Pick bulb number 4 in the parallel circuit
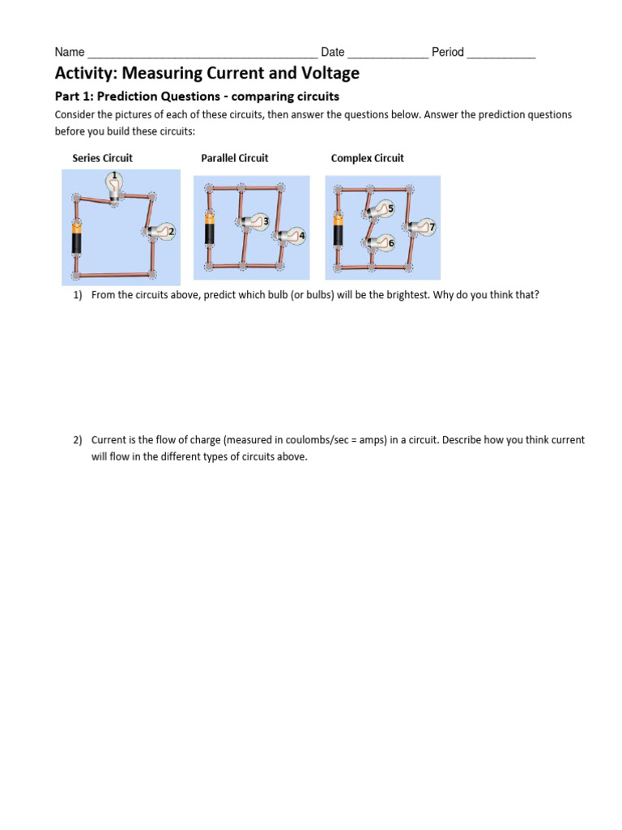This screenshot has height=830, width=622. [292, 237]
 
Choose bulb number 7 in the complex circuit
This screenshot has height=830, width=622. [422, 229]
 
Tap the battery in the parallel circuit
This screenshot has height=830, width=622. [209, 229]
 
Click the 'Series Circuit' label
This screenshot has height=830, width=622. [102, 158]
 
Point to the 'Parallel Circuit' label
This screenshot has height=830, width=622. [234, 158]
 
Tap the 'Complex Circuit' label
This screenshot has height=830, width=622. [367, 158]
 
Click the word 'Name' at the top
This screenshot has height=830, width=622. [70, 53]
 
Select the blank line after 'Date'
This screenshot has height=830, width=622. [387, 55]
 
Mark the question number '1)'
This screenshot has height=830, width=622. [79, 295]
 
